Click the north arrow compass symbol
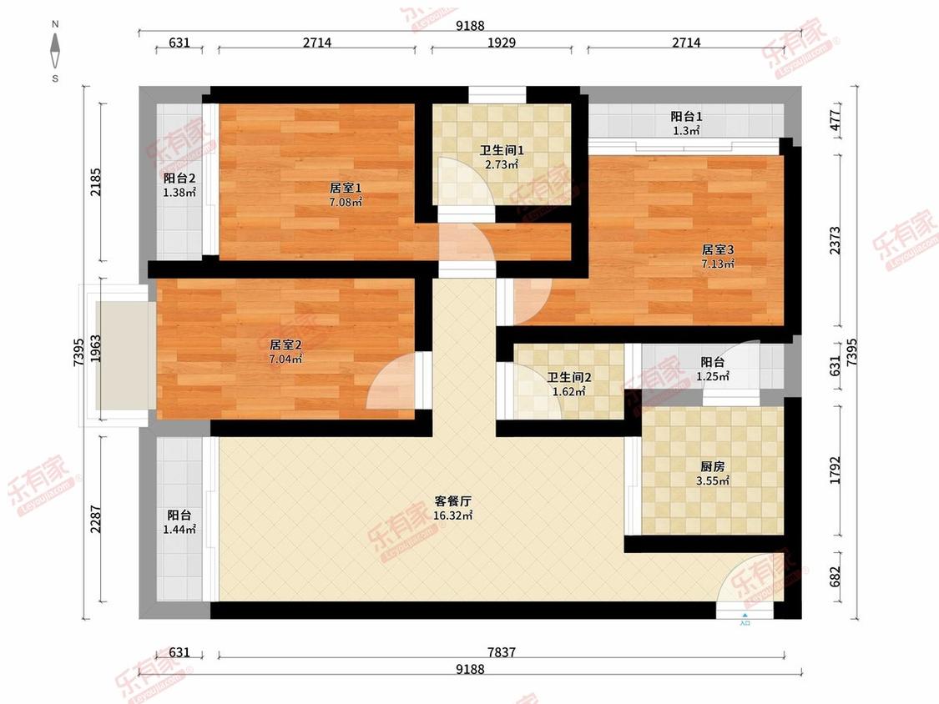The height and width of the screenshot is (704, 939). (x=55, y=51)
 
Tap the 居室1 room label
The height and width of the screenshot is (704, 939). (x=346, y=188)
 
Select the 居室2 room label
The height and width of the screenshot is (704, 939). (x=285, y=344)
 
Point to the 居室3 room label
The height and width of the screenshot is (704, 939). (x=718, y=249)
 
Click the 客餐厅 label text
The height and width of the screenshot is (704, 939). (x=452, y=501)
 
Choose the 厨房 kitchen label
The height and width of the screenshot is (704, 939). (x=713, y=466)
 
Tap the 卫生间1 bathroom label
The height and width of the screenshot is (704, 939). (x=502, y=150)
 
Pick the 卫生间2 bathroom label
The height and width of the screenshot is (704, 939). (x=569, y=378)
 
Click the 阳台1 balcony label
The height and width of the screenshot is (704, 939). (x=686, y=116)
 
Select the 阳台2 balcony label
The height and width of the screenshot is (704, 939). (x=179, y=179)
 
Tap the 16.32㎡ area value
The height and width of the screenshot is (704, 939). (x=452, y=515)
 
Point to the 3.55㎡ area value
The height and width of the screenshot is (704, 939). (x=713, y=480)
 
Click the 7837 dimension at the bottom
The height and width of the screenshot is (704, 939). (x=502, y=652)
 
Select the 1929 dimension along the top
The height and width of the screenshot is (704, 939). (x=502, y=43)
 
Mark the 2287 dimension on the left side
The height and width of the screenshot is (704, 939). (x=96, y=520)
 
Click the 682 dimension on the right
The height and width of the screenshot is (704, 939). (x=836, y=576)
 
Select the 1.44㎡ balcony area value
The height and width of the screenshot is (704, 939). (x=179, y=529)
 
